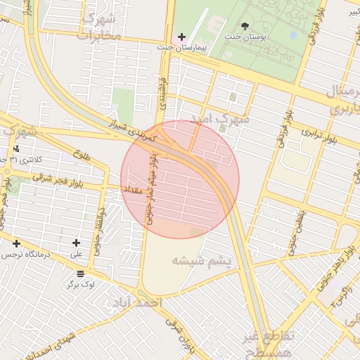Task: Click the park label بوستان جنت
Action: click(244, 36)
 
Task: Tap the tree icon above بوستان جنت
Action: click(245, 25)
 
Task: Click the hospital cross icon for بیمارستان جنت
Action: click(182, 36)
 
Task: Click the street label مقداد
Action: click(134, 190)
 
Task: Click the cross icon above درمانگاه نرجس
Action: click(16, 243)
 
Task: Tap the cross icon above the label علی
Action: click(76, 243)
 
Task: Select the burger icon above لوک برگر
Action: click(81, 274)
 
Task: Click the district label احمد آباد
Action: click(136, 302)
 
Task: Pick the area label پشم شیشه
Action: click(201, 261)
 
